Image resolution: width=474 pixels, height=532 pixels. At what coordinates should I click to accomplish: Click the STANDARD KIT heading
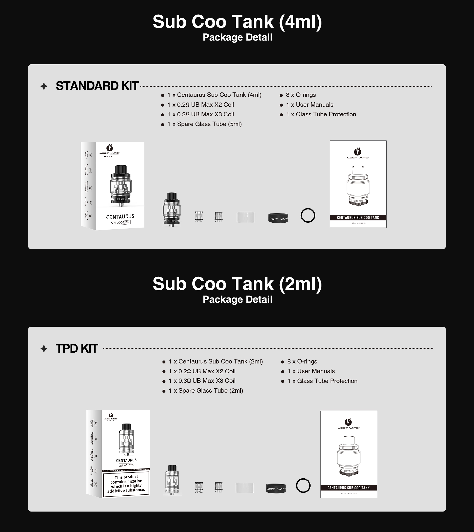(x=97, y=86)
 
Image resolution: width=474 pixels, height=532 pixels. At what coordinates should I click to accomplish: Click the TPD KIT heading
(x=77, y=348)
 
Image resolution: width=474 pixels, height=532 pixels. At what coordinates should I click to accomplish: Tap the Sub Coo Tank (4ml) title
(x=237, y=22)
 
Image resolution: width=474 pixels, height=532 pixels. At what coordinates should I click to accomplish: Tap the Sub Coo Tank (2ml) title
(x=237, y=284)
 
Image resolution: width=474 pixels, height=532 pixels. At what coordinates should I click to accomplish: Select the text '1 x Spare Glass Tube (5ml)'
(x=204, y=124)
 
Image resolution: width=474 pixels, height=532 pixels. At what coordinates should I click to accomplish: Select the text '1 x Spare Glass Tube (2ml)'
(x=206, y=391)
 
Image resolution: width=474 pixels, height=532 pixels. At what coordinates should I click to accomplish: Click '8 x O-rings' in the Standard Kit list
(x=300, y=95)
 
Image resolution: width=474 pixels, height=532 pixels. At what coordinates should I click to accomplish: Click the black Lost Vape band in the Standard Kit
(x=278, y=218)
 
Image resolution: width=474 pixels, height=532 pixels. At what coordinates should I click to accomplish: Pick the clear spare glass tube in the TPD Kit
(x=245, y=488)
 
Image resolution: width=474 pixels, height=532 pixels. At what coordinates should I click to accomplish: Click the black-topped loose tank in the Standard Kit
(x=172, y=209)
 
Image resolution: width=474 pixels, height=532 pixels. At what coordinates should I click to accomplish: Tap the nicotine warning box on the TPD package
(x=126, y=484)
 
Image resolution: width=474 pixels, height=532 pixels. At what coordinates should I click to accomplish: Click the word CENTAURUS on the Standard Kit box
(x=120, y=216)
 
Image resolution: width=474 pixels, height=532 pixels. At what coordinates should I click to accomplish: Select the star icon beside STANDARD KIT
(x=44, y=86)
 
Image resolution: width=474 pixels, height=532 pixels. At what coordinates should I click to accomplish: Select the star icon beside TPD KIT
(x=44, y=349)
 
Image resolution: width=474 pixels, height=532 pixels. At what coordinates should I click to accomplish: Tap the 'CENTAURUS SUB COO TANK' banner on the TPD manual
(x=349, y=488)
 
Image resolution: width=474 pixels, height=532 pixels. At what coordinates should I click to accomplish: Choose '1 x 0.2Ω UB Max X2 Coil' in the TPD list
(x=202, y=371)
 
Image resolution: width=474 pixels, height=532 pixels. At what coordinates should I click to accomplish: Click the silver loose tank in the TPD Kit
(x=172, y=480)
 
